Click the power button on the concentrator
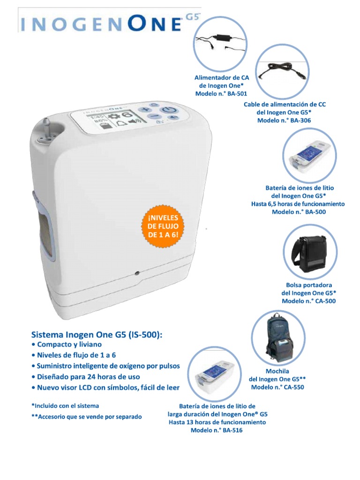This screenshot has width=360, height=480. [170, 111]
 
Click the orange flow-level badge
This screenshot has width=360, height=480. [163, 226]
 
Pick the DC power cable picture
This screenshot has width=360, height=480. [283, 72]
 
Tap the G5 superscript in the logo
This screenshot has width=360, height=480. [193, 17]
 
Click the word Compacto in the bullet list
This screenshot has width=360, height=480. [53, 345]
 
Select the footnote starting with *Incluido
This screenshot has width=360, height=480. [65, 406]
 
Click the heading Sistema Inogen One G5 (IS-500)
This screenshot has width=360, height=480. [97, 334]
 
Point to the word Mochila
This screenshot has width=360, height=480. [277, 371]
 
